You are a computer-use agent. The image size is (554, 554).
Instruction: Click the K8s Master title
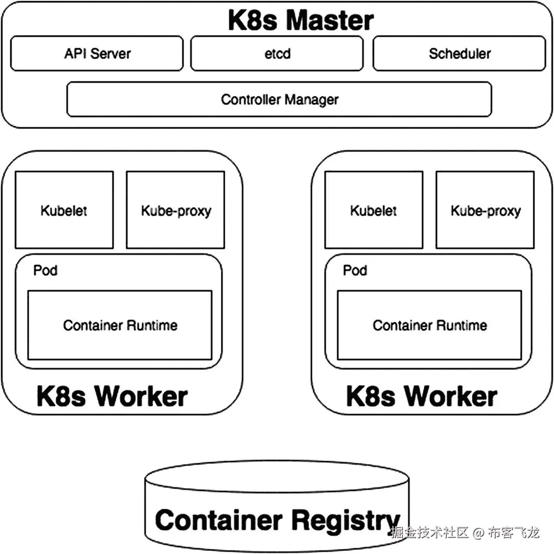point(301,20)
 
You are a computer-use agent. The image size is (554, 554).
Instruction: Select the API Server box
point(97,53)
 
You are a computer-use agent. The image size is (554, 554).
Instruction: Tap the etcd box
point(277,53)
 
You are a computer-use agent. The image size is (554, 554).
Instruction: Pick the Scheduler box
point(459,53)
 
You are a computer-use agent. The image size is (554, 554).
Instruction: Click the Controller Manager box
point(279,99)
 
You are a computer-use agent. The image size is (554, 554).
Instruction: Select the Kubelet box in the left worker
point(64,210)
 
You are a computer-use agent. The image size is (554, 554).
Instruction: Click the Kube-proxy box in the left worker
point(176,210)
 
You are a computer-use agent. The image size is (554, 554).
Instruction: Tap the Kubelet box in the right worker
point(374,210)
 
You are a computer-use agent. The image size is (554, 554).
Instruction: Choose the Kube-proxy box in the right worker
point(485,210)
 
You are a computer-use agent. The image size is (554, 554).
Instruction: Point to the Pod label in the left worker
point(45,270)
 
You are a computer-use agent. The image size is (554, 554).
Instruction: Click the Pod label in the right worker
point(355,270)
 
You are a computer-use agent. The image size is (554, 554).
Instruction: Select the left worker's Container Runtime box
point(120,325)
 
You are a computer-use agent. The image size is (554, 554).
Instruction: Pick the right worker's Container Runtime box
point(429,325)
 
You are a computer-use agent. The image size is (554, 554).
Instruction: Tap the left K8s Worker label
point(112,396)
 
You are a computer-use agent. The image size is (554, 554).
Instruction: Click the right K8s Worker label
point(422,396)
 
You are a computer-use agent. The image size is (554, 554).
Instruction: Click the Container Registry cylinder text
point(278,521)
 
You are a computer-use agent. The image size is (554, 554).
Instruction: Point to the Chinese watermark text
point(465,532)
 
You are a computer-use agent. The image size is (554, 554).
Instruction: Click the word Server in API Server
point(110,54)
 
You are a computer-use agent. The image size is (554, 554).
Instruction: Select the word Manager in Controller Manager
point(311,100)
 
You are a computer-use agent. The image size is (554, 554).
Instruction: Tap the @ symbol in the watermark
point(478,533)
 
